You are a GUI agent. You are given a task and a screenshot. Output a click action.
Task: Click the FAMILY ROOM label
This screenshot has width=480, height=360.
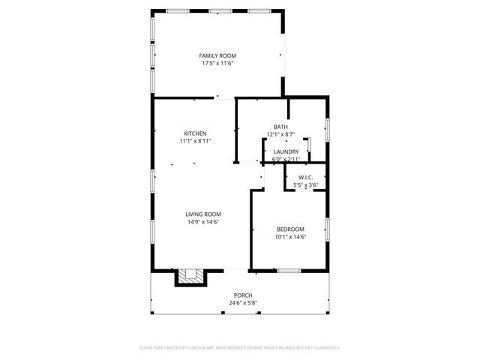(217, 56)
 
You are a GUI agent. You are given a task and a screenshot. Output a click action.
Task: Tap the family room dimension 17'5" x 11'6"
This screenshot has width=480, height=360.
(217, 64)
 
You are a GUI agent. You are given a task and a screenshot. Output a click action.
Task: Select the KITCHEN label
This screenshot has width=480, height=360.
(195, 133)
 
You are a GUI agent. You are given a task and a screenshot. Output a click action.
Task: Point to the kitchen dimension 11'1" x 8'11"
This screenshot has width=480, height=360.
(195, 141)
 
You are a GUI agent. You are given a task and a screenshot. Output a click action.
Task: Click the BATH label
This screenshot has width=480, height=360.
(280, 127)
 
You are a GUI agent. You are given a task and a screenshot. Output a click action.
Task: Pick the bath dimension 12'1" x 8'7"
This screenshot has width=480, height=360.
(280, 135)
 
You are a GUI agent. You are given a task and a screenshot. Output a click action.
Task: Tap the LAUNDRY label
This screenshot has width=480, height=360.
(286, 151)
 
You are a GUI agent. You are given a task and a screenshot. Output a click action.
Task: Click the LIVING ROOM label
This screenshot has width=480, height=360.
(202, 214)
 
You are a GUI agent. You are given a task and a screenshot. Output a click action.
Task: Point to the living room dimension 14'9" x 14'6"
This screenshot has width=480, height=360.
(202, 221)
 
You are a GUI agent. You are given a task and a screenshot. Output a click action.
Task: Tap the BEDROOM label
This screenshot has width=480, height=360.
(290, 229)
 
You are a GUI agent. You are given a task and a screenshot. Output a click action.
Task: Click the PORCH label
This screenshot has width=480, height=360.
(242, 295)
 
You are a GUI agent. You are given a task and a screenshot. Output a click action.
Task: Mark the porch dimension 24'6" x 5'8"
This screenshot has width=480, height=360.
(242, 303)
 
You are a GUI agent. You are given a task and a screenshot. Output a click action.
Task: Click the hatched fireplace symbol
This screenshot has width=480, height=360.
(190, 277)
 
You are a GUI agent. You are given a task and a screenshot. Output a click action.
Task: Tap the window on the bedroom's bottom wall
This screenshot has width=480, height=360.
(289, 270)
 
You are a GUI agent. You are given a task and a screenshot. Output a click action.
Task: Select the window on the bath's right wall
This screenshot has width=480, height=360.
(327, 128)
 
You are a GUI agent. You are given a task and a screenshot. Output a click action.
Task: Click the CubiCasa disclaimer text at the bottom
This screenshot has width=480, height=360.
(240, 348)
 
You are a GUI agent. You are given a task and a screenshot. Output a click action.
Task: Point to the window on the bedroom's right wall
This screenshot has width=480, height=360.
(327, 229)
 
